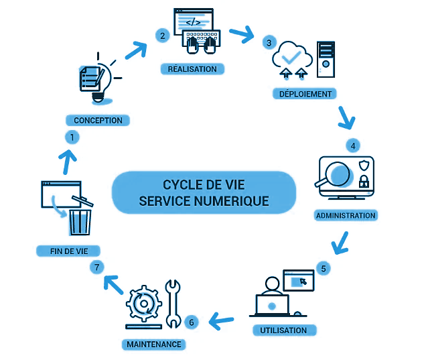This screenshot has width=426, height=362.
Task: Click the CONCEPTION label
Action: [x=98, y=120]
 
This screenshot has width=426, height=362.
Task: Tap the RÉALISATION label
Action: [x=192, y=69]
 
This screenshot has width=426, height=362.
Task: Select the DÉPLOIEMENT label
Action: [x=305, y=94]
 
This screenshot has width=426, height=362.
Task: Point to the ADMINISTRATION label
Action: [x=346, y=215]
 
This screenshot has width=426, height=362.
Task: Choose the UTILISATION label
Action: [x=284, y=330]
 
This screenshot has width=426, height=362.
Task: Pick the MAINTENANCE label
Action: [x=154, y=345]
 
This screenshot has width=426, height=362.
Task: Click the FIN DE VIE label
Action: [x=68, y=251]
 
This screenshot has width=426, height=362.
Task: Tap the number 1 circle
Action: [x=72, y=137]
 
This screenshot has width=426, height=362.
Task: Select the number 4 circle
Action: [x=353, y=145]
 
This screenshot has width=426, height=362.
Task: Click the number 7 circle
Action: [x=97, y=267]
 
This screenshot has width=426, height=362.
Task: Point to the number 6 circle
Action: [x=192, y=322]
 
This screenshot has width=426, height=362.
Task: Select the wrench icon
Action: [x=173, y=304]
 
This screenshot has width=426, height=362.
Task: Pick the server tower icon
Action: [x=326, y=59]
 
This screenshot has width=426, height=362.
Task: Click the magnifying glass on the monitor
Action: [x=337, y=174]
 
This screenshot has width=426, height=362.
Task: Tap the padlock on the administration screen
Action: [x=364, y=182]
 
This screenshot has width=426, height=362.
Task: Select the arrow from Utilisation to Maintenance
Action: [x=221, y=321]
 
